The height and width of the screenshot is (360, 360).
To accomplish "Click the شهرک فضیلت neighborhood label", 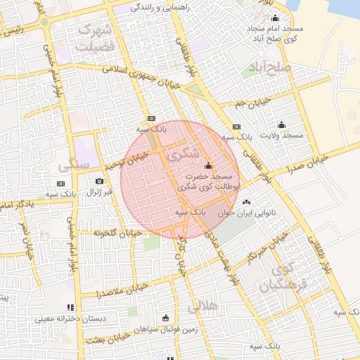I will [x=96, y=38].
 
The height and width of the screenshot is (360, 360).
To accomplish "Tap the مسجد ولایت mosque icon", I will [x=281, y=124].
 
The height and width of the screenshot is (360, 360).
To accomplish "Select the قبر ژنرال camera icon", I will [x=99, y=181].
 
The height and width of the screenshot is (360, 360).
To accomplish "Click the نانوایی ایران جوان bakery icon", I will [x=245, y=202].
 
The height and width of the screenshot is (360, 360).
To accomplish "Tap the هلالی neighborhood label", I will [x=202, y=308].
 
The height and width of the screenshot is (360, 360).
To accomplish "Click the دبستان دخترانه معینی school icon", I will [x=70, y=307].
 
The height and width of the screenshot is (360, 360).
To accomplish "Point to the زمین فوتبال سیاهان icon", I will [x=165, y=318].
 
